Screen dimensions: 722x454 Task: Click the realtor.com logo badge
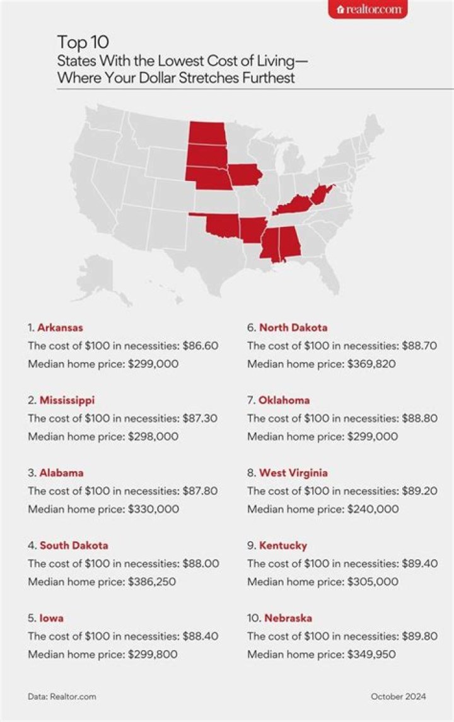click(x=368, y=9)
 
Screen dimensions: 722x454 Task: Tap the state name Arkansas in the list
click(x=60, y=328)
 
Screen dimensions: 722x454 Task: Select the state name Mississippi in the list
click(x=67, y=400)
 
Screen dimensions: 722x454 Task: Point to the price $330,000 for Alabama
click(x=155, y=509)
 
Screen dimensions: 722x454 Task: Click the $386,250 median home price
click(x=151, y=581)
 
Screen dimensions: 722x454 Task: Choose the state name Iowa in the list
click(x=51, y=618)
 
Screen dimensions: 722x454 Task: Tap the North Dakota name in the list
click(x=293, y=328)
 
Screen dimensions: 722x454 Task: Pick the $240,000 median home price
click(x=375, y=509)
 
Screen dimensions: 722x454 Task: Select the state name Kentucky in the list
click(x=282, y=545)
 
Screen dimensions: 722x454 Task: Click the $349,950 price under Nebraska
click(x=372, y=655)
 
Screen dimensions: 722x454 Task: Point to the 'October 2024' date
click(x=398, y=697)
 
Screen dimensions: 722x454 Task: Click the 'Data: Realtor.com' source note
click(x=62, y=697)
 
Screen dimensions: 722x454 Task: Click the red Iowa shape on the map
click(x=245, y=175)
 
